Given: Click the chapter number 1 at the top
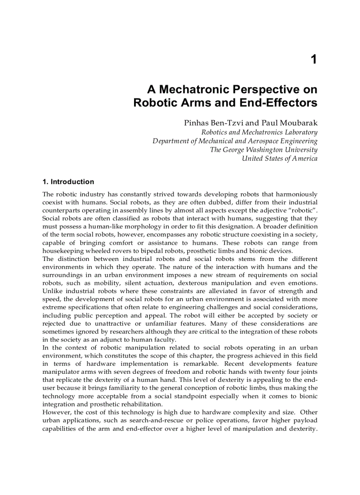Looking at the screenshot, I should (x=313, y=60).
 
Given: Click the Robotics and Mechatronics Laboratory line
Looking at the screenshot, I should (x=259, y=132).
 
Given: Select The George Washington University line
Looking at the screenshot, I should (x=263, y=150).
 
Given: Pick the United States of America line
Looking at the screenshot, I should (x=279, y=159).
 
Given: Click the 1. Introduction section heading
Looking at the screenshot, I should (x=68, y=182).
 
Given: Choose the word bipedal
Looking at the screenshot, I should (x=143, y=251).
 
